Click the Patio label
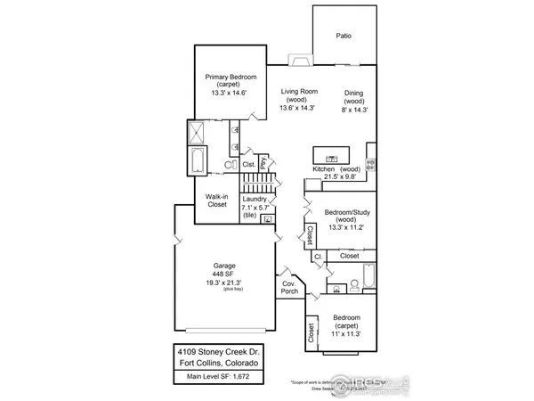[x=343, y=37]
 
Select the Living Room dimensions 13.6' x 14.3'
[x=300, y=108]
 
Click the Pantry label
[x=263, y=164]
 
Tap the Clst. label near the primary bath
[x=250, y=165]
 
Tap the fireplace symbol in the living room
[x=300, y=61]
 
